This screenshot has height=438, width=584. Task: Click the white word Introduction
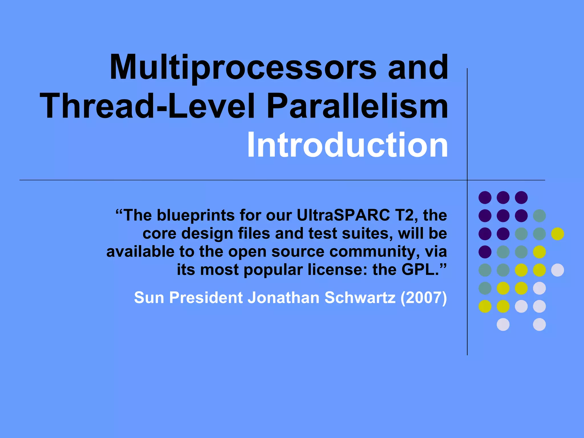click(x=347, y=145)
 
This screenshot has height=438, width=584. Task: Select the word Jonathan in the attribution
click(x=283, y=298)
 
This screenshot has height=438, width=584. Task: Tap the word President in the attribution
click(x=206, y=298)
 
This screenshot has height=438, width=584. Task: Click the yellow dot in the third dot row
click(x=557, y=234)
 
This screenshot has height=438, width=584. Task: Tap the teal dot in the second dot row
click(x=539, y=216)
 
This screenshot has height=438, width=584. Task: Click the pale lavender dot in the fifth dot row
click(x=557, y=270)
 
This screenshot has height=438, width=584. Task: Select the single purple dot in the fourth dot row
click(x=485, y=252)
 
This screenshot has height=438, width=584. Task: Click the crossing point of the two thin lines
click(x=467, y=180)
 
